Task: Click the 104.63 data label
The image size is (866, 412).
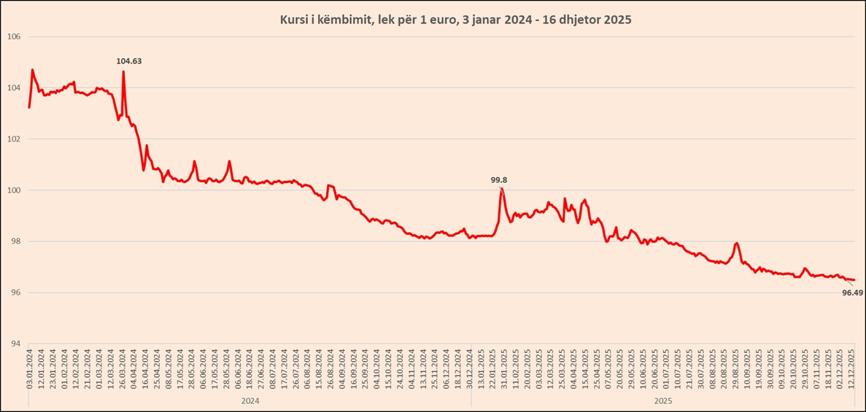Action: click(x=129, y=61)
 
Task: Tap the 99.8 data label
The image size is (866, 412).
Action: click(x=500, y=179)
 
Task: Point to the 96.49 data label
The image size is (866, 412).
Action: click(x=852, y=292)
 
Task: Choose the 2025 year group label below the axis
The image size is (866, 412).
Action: click(x=663, y=401)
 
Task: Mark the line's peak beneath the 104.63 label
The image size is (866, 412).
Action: click(x=123, y=71)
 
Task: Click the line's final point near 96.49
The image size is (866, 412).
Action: click(x=854, y=280)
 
